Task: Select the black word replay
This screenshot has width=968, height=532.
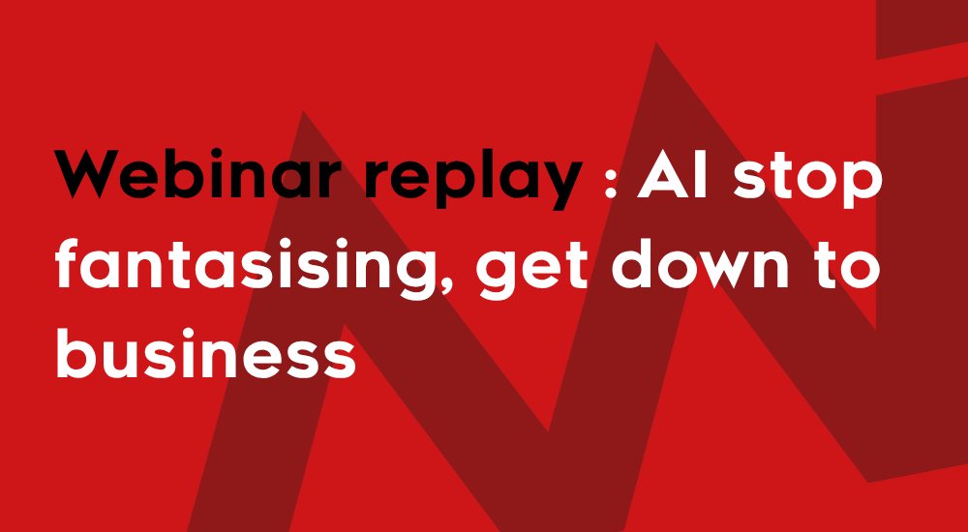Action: click(x=473, y=179)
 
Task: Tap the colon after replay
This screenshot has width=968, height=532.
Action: click(x=611, y=180)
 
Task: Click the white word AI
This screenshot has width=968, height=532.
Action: click(x=673, y=174)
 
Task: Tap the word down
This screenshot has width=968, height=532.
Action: click(x=700, y=263)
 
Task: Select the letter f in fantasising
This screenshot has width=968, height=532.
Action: click(x=67, y=262)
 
